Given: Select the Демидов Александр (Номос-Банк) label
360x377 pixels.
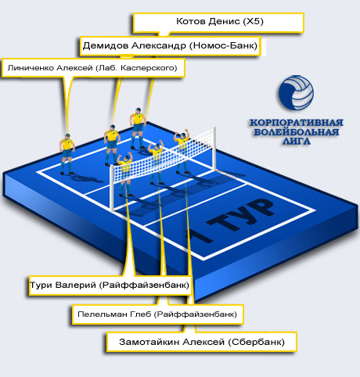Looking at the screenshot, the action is click(170, 46).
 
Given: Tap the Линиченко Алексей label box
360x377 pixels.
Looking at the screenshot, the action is click(93, 68).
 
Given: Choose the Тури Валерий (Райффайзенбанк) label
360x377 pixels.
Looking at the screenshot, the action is click(110, 285).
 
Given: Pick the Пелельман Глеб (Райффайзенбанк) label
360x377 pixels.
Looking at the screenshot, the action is click(157, 314).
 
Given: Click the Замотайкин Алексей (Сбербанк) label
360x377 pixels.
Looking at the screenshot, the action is click(202, 342).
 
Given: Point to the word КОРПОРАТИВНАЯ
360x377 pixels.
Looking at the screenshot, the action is click(297, 123).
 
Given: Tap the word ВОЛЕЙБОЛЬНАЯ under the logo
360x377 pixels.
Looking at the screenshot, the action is click(297, 132).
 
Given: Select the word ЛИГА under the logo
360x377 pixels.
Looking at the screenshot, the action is click(297, 142).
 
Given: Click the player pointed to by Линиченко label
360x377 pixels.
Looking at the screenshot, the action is click(67, 154).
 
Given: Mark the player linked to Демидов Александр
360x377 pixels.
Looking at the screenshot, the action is click(112, 145).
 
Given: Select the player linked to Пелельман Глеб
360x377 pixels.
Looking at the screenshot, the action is click(157, 162).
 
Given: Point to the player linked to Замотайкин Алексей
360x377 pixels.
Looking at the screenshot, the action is click(182, 151).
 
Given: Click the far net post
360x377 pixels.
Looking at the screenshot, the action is click(214, 149).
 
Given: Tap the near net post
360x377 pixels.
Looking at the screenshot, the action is click(112, 188).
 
